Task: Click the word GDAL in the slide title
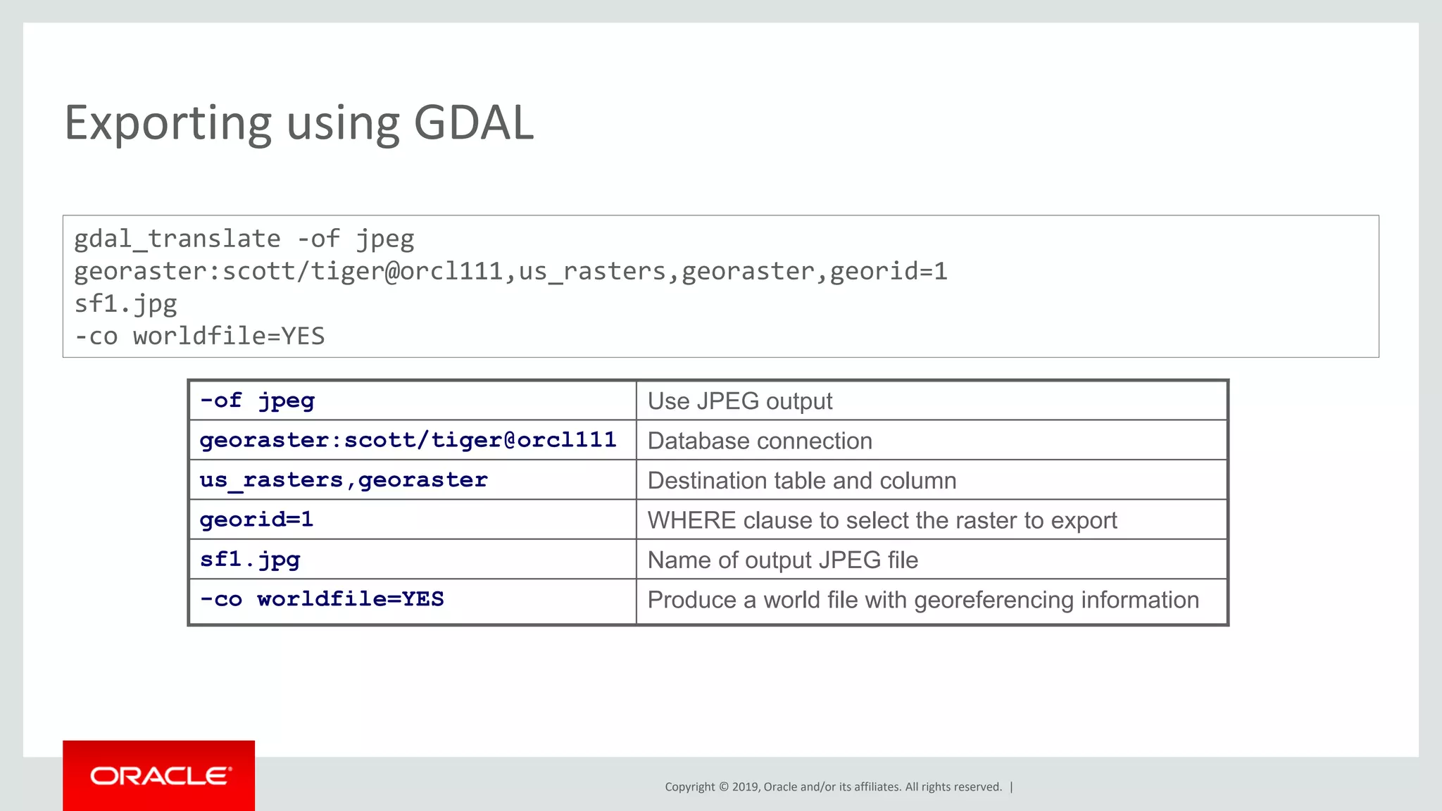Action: [473, 123]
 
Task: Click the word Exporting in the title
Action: [168, 123]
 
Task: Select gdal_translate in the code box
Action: [177, 239]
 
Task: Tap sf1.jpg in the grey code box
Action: [126, 304]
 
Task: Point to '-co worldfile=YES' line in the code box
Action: [199, 337]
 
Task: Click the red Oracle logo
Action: [159, 776]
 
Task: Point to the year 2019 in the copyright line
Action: [745, 787]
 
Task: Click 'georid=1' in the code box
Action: [889, 272]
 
